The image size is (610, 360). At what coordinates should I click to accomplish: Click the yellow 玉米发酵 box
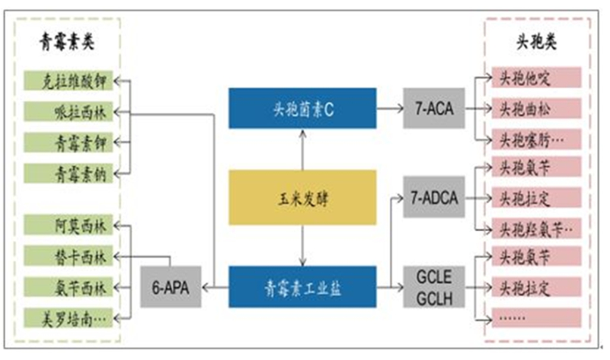(303, 197)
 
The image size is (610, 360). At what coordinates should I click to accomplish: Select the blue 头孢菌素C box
(303, 108)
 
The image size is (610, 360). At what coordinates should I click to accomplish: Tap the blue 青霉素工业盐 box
(303, 287)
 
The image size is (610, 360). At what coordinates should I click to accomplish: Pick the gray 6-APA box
(171, 287)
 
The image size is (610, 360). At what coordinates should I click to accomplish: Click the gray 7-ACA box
(433, 108)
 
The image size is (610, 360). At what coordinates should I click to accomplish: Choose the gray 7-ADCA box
(433, 197)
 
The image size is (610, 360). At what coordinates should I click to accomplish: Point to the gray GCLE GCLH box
(433, 287)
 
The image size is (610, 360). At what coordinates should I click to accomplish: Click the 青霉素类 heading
(66, 43)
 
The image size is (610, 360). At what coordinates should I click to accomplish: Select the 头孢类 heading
(536, 43)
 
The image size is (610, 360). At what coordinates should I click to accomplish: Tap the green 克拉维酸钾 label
(68, 81)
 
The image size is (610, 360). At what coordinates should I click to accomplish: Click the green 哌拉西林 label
(68, 111)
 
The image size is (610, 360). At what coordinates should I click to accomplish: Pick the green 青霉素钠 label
(68, 173)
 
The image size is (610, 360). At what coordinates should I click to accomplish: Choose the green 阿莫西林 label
(68, 226)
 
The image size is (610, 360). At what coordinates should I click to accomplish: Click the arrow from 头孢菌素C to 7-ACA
(390, 108)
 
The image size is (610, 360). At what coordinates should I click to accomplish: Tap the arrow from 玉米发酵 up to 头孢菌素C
(303, 149)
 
